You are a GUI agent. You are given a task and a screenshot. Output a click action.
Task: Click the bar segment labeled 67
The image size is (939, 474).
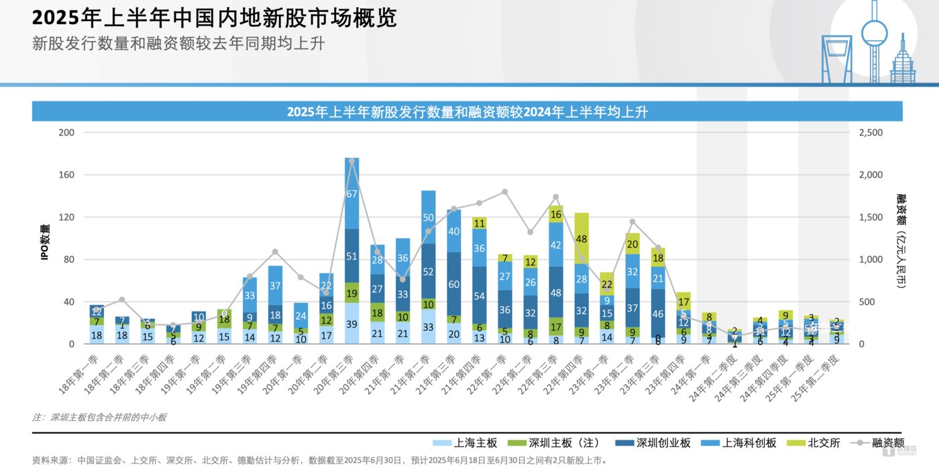[x=352, y=193]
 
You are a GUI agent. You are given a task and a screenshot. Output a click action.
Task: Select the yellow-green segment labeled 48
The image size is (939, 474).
[x=582, y=238]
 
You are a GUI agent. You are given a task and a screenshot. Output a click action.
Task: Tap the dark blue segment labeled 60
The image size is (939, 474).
[x=454, y=284]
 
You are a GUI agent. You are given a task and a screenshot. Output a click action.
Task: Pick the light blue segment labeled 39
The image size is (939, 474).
[x=352, y=324]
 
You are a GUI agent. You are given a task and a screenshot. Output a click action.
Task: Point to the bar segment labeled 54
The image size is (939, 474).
[x=480, y=295]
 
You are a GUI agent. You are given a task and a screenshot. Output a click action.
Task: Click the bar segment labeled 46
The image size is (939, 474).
[x=657, y=314]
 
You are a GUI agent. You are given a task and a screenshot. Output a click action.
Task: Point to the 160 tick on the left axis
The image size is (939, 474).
[x=66, y=175]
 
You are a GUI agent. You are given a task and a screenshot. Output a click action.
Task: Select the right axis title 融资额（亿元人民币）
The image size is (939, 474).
[x=901, y=242]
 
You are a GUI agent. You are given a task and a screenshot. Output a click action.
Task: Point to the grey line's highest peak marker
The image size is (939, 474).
[x=352, y=161]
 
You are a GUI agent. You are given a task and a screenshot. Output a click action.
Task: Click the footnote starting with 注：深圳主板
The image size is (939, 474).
[x=99, y=418]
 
